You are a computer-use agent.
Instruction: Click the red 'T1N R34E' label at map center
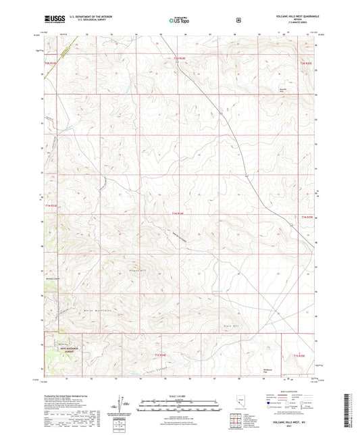click(x=177, y=215)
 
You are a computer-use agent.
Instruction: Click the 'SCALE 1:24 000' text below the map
click(x=179, y=394)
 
